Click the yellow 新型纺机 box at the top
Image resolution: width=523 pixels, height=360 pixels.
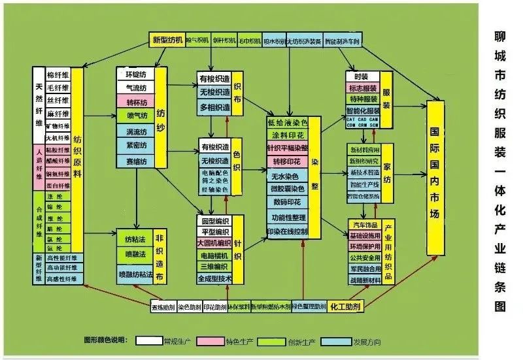click(x=167, y=41)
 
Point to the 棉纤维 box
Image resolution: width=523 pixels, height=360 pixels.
click(x=58, y=73)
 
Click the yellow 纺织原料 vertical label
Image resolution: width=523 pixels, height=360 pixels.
click(x=78, y=157)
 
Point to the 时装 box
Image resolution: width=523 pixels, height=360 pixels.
click(x=362, y=76)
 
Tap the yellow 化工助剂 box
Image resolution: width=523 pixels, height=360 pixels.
click(x=346, y=305)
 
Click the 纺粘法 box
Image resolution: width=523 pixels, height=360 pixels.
click(x=135, y=239)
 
